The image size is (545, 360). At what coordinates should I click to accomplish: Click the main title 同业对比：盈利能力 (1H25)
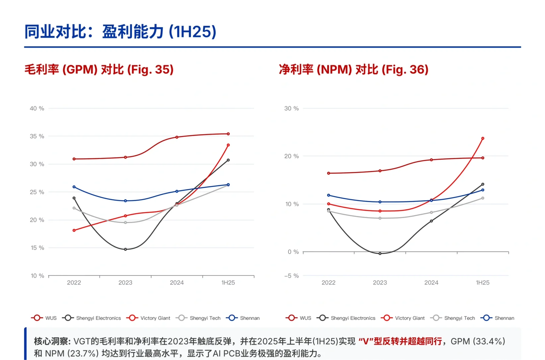[120, 32]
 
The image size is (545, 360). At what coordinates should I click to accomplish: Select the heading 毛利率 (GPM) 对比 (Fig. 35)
[99, 69]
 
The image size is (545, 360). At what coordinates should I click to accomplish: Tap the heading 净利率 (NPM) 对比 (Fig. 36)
[353, 69]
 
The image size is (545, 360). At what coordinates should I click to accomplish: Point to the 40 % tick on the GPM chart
[37, 108]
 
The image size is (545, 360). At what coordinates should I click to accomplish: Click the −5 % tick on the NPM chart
[291, 276]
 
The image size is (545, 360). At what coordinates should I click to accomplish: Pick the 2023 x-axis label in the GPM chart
[125, 283]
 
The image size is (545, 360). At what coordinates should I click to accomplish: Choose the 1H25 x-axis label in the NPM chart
[482, 283]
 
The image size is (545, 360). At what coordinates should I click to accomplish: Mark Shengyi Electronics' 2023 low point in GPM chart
[125, 249]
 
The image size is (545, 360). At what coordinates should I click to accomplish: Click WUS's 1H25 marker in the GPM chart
[228, 134]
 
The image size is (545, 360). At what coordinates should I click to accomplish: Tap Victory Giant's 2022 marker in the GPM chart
[74, 230]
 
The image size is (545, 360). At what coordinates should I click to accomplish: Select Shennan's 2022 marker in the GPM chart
[74, 187]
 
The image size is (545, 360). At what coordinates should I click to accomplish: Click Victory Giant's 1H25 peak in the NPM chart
[483, 138]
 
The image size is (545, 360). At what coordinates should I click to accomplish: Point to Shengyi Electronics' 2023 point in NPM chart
[380, 254]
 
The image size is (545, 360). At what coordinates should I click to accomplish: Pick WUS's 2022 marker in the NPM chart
[329, 173]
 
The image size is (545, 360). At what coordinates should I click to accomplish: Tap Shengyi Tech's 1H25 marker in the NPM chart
[483, 198]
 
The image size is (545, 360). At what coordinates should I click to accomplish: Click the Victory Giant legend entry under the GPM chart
[148, 318]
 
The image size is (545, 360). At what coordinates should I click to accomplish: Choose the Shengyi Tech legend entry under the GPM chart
[198, 318]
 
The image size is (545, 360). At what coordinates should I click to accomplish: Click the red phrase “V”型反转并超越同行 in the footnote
[400, 341]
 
